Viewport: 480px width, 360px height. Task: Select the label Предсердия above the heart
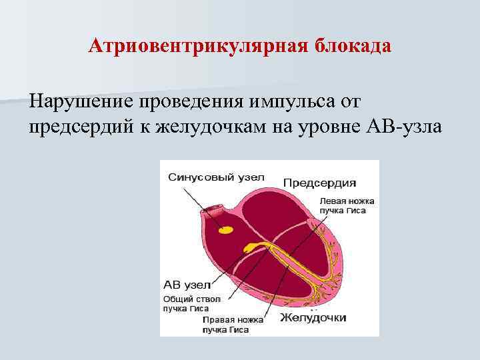pos(319,183)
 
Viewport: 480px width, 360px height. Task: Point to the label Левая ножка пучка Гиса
pos(347,205)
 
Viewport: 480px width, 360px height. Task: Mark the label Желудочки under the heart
pos(313,318)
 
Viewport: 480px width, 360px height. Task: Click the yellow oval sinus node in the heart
pos(227,229)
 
